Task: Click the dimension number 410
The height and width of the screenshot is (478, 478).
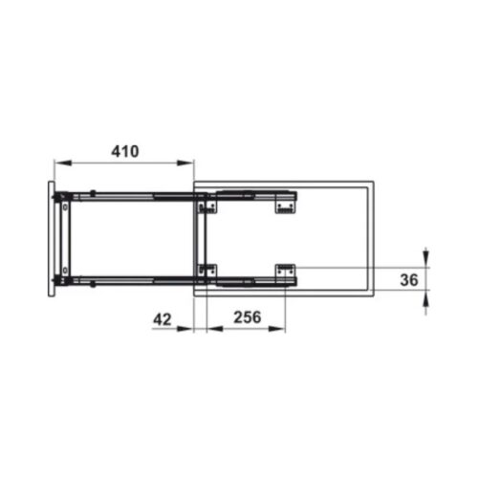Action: [x=124, y=150]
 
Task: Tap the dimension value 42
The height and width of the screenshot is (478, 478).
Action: [x=163, y=319]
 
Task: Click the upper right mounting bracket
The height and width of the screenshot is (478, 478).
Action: [x=286, y=202]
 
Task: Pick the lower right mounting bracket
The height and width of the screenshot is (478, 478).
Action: [x=286, y=272]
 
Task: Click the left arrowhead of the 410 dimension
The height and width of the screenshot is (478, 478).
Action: [x=58, y=162]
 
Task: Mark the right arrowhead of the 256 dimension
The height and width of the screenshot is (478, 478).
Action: [x=287, y=328]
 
